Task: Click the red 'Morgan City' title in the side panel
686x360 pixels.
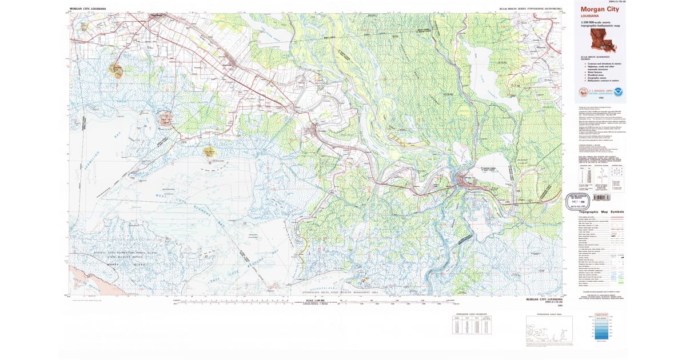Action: pos(599,10)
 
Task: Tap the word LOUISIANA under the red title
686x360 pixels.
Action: pos(590,17)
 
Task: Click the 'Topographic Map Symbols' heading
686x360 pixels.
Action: pos(601,212)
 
